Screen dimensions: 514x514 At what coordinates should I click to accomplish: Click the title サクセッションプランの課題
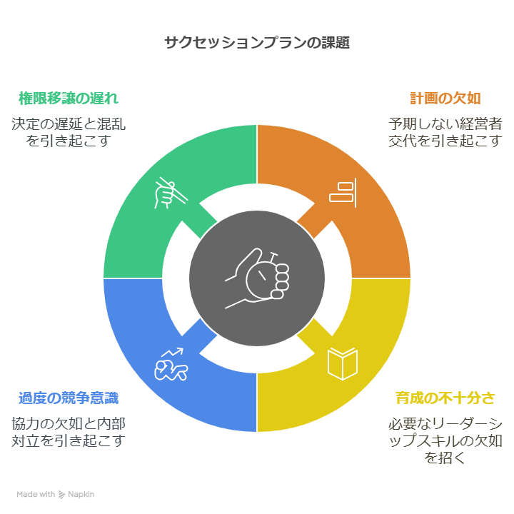click(256, 42)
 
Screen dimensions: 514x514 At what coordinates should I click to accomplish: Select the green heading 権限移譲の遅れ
click(69, 98)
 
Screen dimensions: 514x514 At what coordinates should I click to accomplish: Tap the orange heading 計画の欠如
click(445, 98)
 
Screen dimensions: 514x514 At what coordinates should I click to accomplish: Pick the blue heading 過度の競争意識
click(69, 398)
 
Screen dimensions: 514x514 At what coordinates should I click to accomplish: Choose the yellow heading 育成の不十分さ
click(445, 398)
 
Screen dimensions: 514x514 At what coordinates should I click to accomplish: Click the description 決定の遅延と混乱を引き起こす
click(69, 131)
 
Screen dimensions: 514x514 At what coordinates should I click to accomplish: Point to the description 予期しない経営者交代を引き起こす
click(445, 131)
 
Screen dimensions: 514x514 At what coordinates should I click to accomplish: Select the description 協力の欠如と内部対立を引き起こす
click(69, 431)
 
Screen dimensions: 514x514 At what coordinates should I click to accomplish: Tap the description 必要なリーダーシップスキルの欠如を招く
click(445, 440)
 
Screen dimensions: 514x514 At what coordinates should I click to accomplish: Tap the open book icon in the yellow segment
click(343, 363)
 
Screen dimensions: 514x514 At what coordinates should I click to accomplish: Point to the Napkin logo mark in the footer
click(63, 494)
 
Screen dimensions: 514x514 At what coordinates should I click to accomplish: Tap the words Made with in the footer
click(36, 494)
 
